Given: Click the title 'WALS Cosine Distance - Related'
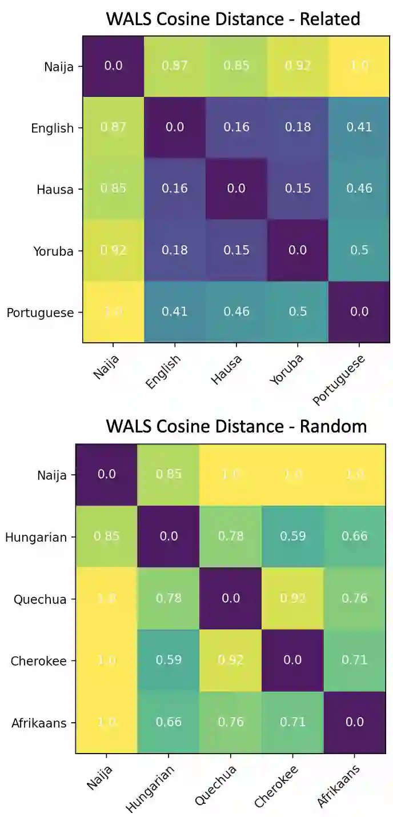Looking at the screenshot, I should (x=233, y=19).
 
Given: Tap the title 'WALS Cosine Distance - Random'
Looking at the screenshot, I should (x=236, y=426).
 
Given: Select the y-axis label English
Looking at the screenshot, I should (x=53, y=128).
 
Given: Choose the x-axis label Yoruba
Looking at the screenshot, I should (x=288, y=371).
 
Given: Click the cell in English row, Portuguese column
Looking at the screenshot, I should (x=359, y=127).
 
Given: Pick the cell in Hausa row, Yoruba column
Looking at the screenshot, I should (x=298, y=189).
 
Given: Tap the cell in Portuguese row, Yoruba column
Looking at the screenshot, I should (x=298, y=312).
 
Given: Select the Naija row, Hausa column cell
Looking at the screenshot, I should (x=236, y=65).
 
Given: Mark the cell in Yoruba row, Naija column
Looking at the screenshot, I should (x=113, y=250).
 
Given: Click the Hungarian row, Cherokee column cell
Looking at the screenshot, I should (x=292, y=536).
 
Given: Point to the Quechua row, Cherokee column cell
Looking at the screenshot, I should (x=292, y=598).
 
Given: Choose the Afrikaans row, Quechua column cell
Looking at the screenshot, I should (x=230, y=722).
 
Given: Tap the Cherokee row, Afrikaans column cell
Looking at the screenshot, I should (x=354, y=660).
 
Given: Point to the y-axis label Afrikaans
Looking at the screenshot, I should (x=39, y=723).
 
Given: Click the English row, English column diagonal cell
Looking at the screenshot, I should (x=174, y=127).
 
